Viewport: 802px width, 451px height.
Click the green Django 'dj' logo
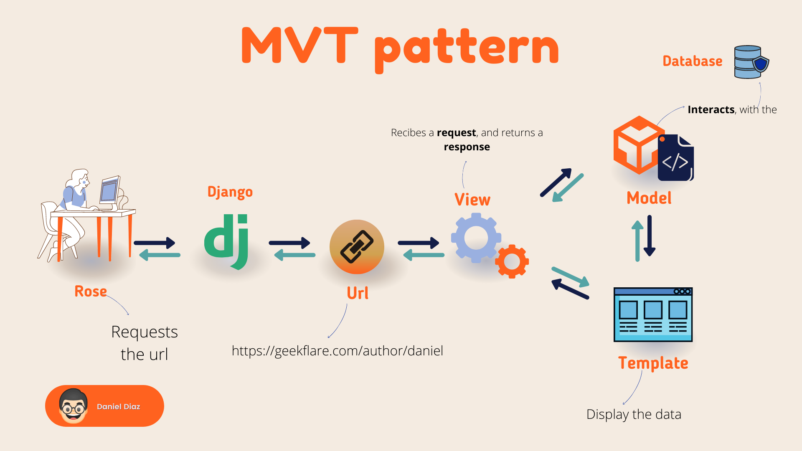tap(226, 240)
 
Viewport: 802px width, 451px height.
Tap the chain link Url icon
tap(357, 247)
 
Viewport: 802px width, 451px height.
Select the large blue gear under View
tap(476, 238)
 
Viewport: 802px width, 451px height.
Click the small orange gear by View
tap(512, 262)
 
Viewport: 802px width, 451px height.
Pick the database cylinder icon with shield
tap(751, 62)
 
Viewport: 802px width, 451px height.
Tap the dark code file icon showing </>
tap(676, 159)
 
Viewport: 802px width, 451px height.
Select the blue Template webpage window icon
tap(653, 314)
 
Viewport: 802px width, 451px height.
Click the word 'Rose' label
tap(91, 291)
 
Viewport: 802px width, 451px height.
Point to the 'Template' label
tap(653, 363)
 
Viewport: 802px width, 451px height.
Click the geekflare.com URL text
tap(337, 351)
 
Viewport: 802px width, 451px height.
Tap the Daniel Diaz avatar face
tap(74, 406)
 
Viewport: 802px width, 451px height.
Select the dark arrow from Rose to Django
tap(155, 243)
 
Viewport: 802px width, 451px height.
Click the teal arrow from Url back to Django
tap(294, 255)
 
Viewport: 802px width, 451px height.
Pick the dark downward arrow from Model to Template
tap(650, 236)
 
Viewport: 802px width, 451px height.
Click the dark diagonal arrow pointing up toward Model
tap(556, 182)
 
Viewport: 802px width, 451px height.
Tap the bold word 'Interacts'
tap(711, 110)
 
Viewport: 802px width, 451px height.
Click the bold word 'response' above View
tap(467, 147)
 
